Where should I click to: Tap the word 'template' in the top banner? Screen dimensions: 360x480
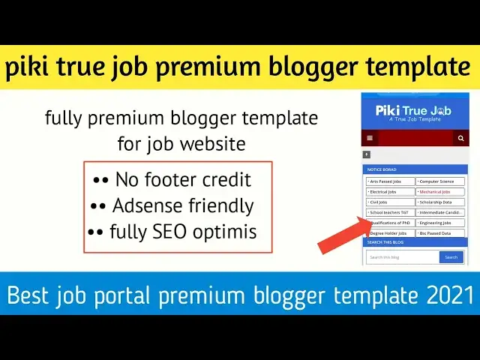tap(418, 68)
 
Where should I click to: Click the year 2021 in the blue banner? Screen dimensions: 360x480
tap(449, 295)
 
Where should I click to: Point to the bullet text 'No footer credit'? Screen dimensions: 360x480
tap(183, 180)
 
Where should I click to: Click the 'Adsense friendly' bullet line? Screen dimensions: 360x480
tap(183, 205)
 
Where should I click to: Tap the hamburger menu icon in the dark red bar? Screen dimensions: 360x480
tap(370, 139)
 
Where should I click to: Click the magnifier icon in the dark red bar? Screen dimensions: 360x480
tap(461, 139)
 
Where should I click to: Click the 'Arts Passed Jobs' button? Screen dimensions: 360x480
tap(390, 181)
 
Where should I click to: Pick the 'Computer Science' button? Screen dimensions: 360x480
tap(441, 181)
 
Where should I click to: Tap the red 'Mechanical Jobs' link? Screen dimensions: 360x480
tap(441, 192)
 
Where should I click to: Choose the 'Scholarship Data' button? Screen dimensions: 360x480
tap(441, 202)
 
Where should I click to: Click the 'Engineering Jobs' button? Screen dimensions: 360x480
tap(441, 223)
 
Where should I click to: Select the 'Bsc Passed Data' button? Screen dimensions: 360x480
tap(441, 233)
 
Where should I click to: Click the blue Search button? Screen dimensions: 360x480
tap(451, 257)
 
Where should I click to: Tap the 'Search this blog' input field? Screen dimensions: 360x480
tap(402, 257)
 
